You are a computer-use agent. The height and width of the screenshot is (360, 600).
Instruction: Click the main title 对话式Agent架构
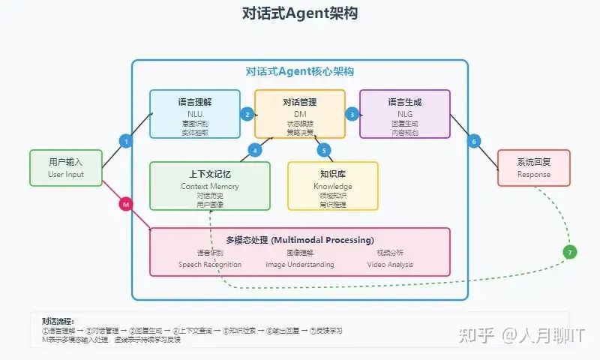point(300,13)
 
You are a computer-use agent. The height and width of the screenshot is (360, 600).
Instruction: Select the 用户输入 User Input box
point(65,167)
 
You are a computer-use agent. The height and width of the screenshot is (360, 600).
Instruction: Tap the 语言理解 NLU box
point(195,114)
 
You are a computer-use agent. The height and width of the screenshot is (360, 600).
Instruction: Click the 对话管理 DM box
point(300,114)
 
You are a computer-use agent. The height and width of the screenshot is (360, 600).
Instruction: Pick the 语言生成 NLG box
point(405,114)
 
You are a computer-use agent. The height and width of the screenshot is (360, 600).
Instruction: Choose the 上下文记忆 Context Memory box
point(210,185)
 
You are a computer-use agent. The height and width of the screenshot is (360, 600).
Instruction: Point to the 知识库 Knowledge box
point(333,185)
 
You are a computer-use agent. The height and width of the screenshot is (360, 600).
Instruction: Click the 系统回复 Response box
point(533,167)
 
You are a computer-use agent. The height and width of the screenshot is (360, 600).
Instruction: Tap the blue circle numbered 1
point(126,141)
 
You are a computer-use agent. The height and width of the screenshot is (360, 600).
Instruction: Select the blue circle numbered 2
point(247,114)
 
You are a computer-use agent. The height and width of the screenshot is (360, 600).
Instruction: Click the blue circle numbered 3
point(352,114)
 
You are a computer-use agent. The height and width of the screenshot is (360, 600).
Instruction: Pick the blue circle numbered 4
point(256,150)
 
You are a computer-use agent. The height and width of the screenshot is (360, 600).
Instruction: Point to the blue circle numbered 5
point(325,150)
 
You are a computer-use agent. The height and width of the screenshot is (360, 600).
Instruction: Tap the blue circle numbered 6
point(474,141)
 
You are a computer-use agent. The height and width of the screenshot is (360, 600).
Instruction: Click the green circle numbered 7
point(571,253)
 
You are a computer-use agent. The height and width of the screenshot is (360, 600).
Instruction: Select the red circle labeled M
point(126,203)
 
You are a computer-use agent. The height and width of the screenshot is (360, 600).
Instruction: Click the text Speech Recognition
point(210,264)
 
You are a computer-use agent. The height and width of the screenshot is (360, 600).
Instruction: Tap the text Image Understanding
point(299,264)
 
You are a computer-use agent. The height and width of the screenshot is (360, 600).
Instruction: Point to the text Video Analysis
point(389,264)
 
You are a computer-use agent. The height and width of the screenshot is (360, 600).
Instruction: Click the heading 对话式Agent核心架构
point(300,72)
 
